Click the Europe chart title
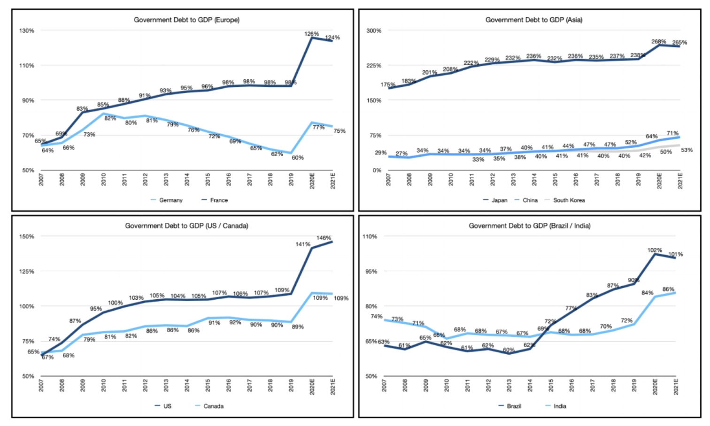186,20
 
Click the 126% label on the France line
311,34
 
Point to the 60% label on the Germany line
298,158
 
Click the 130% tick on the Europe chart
27,30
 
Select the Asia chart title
534,20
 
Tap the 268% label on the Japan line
659,42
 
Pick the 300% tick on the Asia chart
374,30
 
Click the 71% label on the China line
672,133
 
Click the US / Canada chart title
186,226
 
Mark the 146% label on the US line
324,238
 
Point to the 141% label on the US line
303,244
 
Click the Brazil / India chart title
530,226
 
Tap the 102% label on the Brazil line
655,250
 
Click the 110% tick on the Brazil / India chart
370,236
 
